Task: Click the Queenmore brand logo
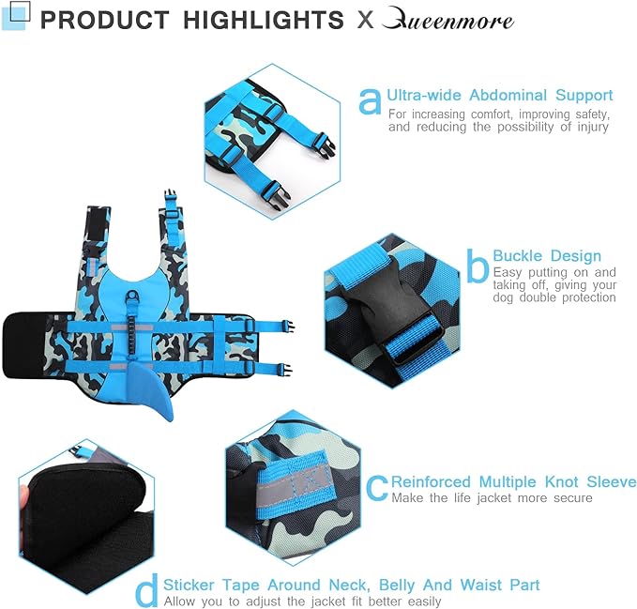click(447, 18)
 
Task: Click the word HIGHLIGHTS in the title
click(264, 20)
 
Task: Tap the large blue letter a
click(370, 101)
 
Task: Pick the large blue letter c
click(377, 488)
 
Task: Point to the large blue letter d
click(147, 590)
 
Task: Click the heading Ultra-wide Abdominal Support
click(499, 95)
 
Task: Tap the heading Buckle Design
click(547, 256)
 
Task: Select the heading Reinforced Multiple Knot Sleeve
click(513, 481)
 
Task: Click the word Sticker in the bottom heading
click(189, 585)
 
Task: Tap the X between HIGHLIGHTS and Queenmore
click(365, 20)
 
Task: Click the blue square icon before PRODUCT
click(16, 15)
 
